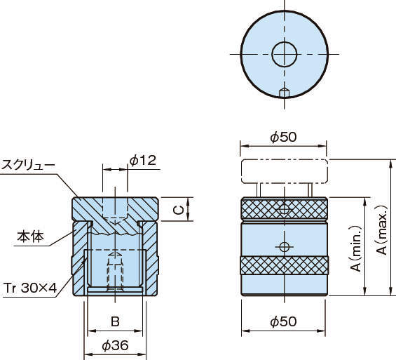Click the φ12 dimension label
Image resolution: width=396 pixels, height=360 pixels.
point(143,160)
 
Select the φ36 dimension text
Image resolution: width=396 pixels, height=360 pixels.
point(115,345)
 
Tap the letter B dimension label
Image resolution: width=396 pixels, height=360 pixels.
point(115,322)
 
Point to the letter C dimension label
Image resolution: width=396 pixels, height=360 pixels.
point(179,210)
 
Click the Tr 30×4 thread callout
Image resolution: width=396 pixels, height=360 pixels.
point(30,288)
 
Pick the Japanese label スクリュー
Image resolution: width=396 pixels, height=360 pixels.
point(28,165)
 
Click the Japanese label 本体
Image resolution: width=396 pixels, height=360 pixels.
point(30,236)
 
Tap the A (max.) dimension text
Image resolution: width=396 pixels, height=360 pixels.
point(382,229)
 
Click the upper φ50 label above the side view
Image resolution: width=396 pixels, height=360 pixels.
point(283,137)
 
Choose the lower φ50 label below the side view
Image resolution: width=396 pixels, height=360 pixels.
point(283,322)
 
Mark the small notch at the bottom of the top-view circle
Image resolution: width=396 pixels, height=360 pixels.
point(285,93)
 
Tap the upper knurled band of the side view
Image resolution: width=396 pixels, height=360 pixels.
point(285,209)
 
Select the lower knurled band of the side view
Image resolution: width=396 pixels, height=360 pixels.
point(285,265)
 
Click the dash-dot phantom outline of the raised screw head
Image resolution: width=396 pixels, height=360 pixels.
point(285,159)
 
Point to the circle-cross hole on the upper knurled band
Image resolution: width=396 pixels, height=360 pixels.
point(285,210)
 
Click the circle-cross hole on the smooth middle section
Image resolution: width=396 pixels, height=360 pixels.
point(285,246)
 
